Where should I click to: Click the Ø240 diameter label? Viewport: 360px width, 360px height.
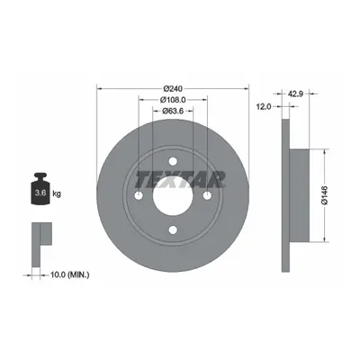(x=173, y=88)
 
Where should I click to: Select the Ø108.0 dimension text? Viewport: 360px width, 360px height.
(x=173, y=100)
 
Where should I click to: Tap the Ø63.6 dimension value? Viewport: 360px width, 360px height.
(x=173, y=111)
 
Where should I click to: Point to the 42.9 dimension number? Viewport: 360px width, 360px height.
(x=296, y=94)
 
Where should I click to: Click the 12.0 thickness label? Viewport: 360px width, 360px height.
(x=264, y=106)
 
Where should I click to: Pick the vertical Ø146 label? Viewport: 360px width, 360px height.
(x=325, y=195)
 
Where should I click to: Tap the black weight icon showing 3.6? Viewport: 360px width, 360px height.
(x=40, y=189)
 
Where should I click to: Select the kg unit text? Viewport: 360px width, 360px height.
(x=57, y=193)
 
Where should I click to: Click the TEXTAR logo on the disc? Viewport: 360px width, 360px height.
(x=181, y=179)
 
